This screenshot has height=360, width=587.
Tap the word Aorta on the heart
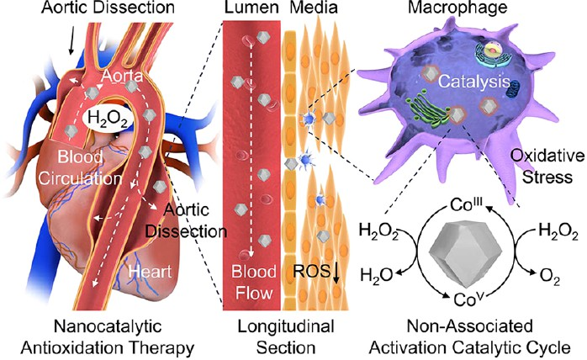coord(123,76)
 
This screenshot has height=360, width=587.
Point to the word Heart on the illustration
coord(151,271)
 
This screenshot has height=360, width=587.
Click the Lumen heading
coord(251,8)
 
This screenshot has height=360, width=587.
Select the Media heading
coord(314,8)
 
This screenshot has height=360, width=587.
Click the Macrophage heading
coord(457,8)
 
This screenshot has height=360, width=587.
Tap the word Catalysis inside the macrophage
coord(474,82)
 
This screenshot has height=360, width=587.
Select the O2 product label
coord(550,278)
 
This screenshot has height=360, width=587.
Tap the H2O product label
coord(376,275)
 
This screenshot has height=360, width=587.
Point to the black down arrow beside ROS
coord(336,273)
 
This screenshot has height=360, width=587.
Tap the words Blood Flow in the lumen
coord(253,282)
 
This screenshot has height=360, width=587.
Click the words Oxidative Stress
coord(547,166)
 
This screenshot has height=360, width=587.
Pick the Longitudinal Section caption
coord(286,336)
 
